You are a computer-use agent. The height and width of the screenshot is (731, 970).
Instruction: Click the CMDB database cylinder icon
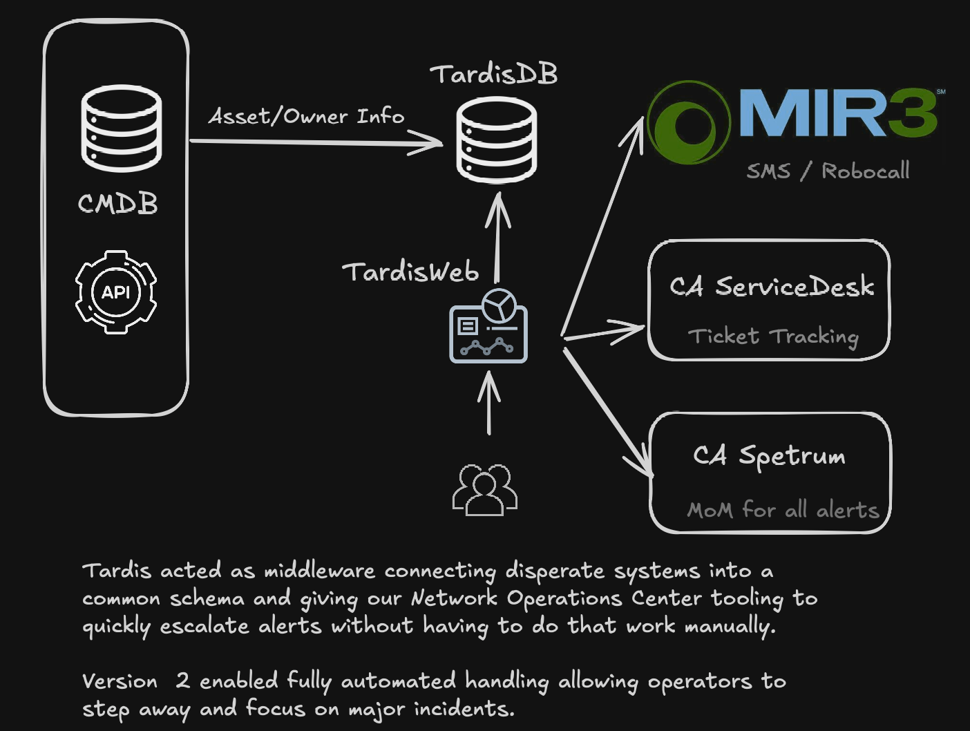click(122, 129)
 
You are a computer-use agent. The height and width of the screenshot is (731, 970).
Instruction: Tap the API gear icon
click(116, 292)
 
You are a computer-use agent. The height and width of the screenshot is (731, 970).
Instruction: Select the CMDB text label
click(118, 204)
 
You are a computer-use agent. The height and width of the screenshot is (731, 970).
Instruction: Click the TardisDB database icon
click(497, 140)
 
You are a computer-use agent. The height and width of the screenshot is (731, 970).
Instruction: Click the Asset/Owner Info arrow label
click(306, 116)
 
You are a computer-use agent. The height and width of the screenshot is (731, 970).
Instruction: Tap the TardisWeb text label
click(410, 272)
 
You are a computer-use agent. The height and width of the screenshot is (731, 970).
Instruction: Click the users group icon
click(485, 490)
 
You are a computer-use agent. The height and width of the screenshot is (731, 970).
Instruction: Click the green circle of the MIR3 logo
click(688, 123)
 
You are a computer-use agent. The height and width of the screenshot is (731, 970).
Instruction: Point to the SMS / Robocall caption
click(828, 171)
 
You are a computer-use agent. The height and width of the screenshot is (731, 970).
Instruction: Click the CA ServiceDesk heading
click(772, 286)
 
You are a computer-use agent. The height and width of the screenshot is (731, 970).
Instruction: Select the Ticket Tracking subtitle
click(773, 336)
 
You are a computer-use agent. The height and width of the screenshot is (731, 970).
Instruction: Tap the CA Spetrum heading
click(769, 456)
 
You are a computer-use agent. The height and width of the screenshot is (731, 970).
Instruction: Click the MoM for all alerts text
click(783, 510)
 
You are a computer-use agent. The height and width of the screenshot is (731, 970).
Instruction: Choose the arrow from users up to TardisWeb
click(489, 404)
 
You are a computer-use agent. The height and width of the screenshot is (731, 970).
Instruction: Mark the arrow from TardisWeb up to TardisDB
click(497, 238)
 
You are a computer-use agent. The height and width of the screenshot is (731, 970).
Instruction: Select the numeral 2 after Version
click(182, 681)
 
